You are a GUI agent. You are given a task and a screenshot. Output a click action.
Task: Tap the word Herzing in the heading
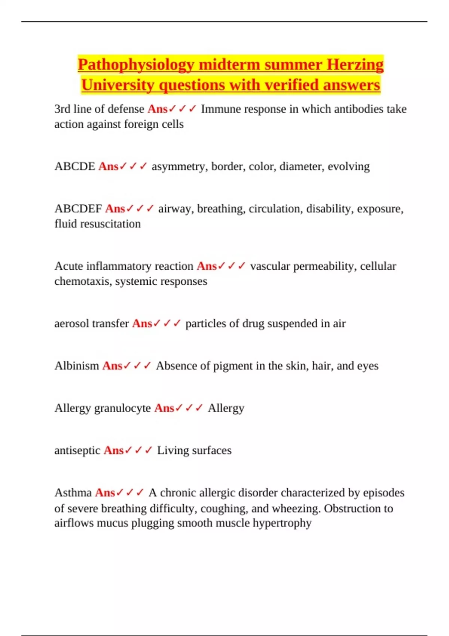[355, 65]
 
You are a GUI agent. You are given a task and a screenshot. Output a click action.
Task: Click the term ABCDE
[75, 166]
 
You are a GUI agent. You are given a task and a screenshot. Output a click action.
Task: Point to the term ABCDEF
[78, 208]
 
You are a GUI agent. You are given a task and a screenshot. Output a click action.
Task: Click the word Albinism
[77, 366]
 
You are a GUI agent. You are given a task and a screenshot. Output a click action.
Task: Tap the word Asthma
[73, 492]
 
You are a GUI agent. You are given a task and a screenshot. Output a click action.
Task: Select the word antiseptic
[77, 450]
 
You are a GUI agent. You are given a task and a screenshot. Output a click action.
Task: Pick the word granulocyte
[123, 408]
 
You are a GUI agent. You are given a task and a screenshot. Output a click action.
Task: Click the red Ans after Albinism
[112, 366]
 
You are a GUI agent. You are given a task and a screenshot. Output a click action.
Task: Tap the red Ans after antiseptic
[113, 450]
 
